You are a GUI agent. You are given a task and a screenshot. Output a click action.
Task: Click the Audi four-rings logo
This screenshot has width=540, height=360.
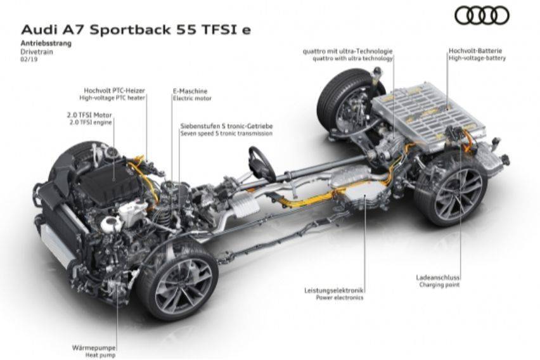pos(482,16)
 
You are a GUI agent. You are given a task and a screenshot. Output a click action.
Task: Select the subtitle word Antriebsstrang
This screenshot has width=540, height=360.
pos(46,43)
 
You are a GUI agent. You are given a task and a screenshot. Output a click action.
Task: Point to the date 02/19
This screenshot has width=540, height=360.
pos(29,59)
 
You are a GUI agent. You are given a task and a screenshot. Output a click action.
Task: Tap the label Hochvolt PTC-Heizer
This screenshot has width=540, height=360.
pos(114,91)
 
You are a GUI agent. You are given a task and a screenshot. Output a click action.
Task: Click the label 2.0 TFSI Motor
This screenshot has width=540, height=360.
pos(89,115)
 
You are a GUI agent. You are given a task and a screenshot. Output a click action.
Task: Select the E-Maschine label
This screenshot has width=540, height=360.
pos(190,91)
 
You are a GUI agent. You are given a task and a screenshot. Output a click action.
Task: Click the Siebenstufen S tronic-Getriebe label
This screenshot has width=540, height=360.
pos(226,126)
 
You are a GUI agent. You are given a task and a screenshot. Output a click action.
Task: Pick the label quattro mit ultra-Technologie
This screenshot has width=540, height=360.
pos(348,51)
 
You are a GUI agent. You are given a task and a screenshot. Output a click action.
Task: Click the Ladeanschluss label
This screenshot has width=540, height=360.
pos(438,278)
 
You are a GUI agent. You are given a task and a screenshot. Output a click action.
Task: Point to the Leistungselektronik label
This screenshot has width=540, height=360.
pos(334,290)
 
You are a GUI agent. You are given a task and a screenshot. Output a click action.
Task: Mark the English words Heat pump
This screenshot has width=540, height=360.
pos(100,355)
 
